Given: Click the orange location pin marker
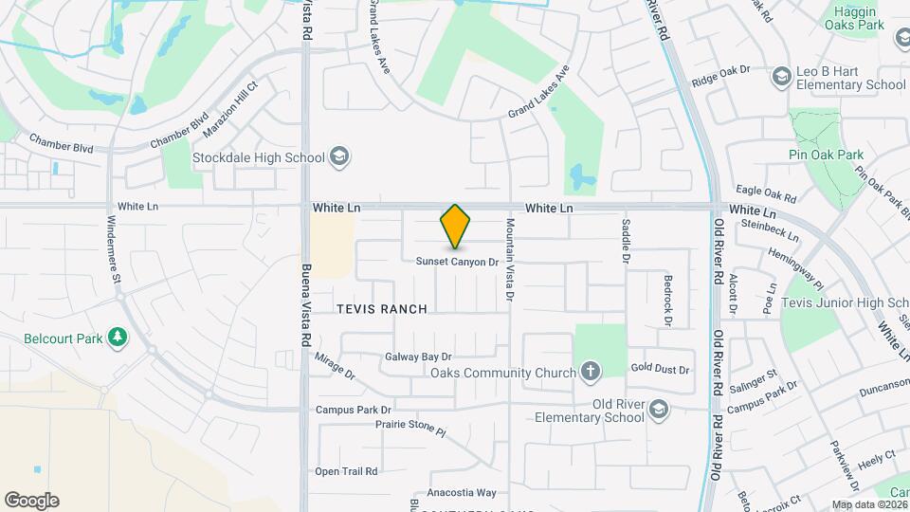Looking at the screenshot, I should (x=456, y=227).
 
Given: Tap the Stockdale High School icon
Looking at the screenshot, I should (x=339, y=157).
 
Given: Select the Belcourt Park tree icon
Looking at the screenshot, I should (x=118, y=337).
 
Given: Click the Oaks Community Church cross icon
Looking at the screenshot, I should (x=591, y=371).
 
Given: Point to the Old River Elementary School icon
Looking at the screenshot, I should (x=659, y=410).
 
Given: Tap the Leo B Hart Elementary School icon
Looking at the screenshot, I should (x=782, y=76).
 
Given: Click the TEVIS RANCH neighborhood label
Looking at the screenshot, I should (x=382, y=309).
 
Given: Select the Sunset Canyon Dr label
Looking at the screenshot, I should (x=457, y=262).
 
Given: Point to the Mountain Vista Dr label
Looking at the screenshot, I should (x=509, y=261).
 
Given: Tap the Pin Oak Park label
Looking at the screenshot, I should (x=826, y=155).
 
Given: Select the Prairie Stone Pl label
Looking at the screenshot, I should (x=410, y=430).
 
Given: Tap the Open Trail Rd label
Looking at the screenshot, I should (x=346, y=471).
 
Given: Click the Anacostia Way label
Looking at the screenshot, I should (x=462, y=492).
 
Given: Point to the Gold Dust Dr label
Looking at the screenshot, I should (x=660, y=369).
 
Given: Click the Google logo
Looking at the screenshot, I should (x=31, y=501).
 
